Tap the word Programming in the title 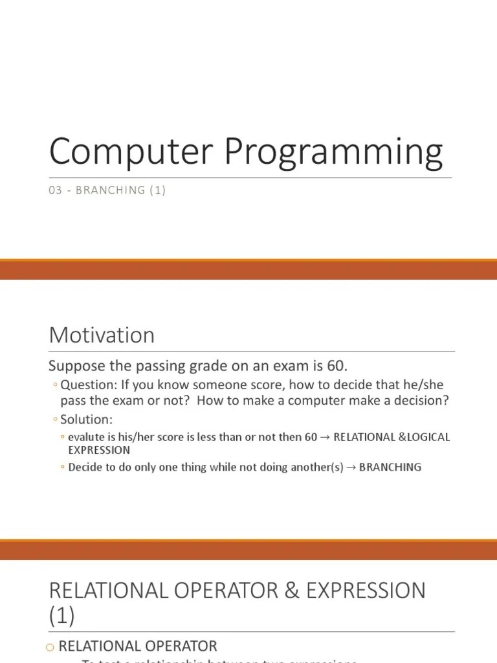(334, 153)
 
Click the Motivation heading (102, 335)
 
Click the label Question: (87, 385)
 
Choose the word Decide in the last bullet (85, 467)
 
